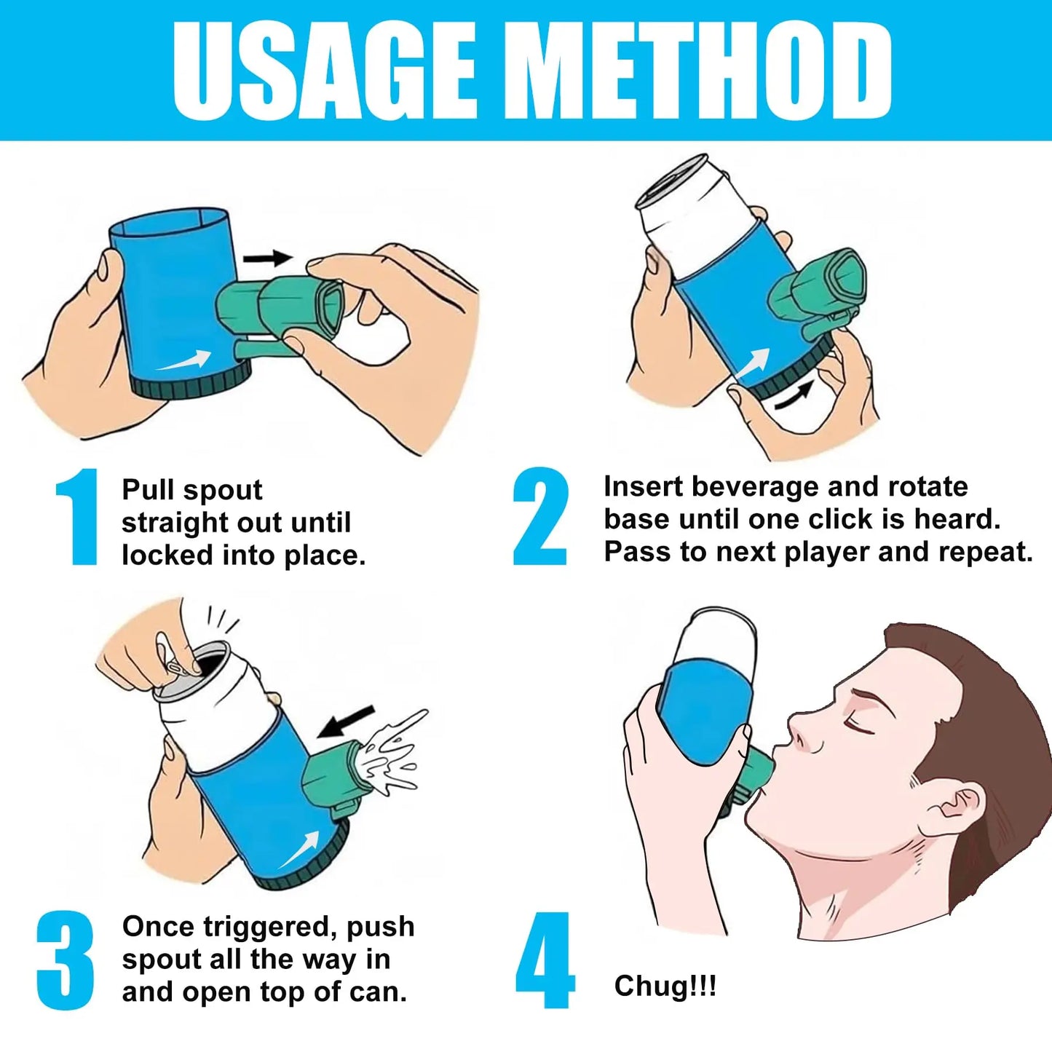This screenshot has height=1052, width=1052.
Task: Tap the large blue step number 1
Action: pyautogui.click(x=78, y=516)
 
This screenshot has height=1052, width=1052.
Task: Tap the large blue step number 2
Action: pyautogui.click(x=540, y=516)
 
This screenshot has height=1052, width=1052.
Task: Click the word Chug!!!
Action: pyautogui.click(x=665, y=986)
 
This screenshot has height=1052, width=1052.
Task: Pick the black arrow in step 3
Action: pyautogui.click(x=346, y=721)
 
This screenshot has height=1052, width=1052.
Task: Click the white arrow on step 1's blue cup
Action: pyautogui.click(x=184, y=360)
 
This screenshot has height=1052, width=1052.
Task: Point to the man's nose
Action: pyautogui.click(x=802, y=732)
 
